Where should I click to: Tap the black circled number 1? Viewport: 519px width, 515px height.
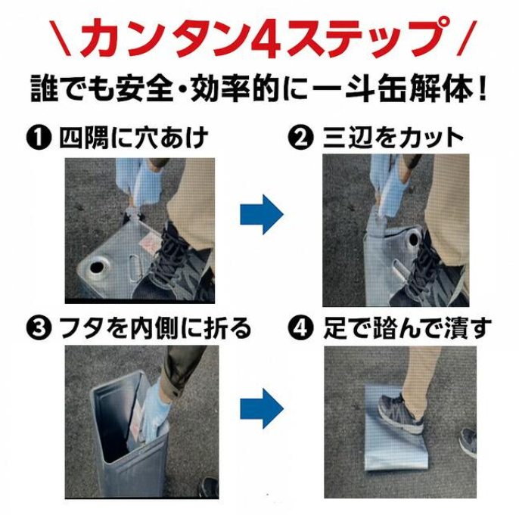[x=39, y=138]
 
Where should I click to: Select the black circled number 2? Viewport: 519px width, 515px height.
[x=300, y=138]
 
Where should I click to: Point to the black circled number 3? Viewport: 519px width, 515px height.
[x=39, y=328]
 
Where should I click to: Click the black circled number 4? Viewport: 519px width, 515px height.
[x=300, y=328]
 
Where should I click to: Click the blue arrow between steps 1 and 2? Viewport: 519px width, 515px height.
[x=262, y=215]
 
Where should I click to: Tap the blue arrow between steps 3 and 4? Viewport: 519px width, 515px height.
[x=262, y=408]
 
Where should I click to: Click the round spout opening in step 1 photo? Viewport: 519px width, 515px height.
[x=96, y=267]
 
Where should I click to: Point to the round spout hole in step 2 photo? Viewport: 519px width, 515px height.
[x=414, y=238]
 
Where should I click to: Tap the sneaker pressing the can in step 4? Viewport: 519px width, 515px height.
[x=400, y=414]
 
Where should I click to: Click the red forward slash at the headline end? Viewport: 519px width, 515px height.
[x=467, y=37]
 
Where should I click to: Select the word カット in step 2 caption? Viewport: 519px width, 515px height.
[x=430, y=138]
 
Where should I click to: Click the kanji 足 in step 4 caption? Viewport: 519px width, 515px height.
[x=335, y=328]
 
